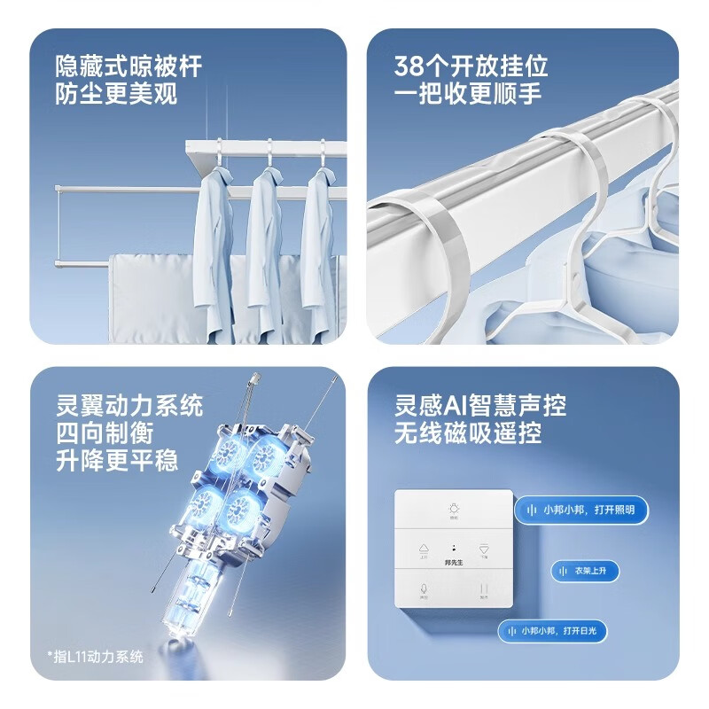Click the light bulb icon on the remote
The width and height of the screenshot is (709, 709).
[453, 510]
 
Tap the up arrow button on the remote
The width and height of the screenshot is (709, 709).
[423, 549]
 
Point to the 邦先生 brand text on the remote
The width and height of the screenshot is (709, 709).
[454, 563]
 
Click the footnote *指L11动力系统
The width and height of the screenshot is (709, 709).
[95, 657]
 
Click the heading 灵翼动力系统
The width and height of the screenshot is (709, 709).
[129, 407]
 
